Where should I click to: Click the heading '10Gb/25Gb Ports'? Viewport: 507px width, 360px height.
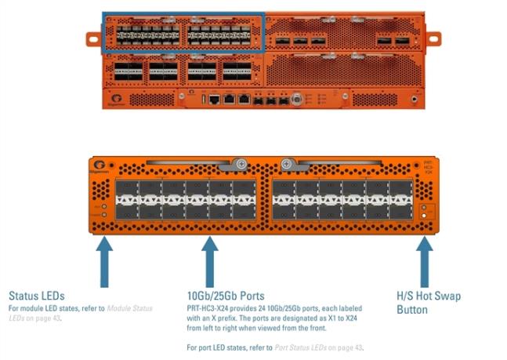coord(225,296)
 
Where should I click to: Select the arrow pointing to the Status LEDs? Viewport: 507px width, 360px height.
coord(104,262)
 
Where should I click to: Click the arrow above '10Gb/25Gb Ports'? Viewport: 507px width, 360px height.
coord(209,262)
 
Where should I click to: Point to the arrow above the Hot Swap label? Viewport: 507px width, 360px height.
coord(424,262)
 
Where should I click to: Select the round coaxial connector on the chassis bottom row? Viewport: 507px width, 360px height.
coord(296,100)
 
